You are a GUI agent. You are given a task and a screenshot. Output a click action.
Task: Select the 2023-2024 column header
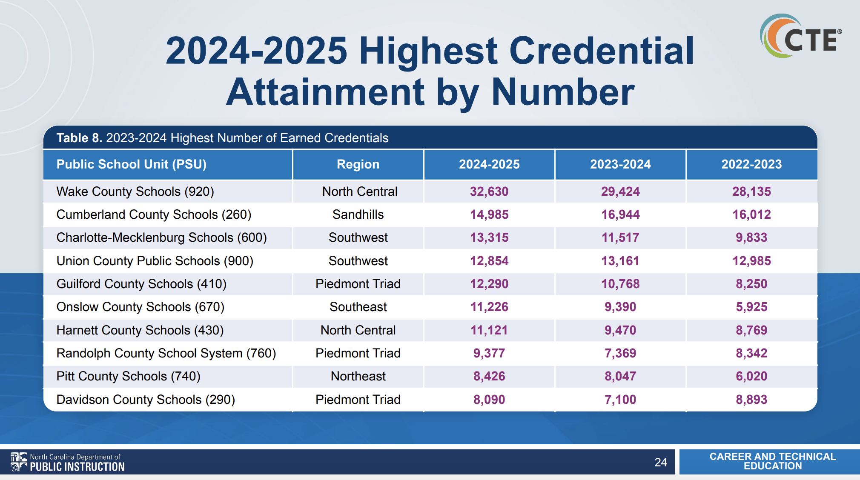tap(620, 164)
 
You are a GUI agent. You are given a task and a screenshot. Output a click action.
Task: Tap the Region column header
tap(358, 164)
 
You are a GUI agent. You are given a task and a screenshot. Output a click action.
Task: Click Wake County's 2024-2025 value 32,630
tap(489, 191)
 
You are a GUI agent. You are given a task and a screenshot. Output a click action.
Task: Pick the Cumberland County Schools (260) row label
tap(154, 214)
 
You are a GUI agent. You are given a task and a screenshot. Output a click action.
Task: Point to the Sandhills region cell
tap(358, 214)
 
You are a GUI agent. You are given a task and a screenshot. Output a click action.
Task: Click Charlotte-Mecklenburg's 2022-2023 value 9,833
tap(751, 237)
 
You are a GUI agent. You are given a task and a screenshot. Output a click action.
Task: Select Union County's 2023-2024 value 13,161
tap(620, 261)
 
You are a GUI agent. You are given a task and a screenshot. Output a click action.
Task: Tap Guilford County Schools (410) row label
tap(141, 284)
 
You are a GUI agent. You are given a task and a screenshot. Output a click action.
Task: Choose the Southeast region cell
tap(358, 307)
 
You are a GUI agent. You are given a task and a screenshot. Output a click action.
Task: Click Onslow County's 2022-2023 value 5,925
tap(751, 307)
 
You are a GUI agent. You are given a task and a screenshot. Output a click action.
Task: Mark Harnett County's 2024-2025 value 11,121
tap(489, 330)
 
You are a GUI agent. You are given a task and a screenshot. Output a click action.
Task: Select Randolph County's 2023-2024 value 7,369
tap(620, 353)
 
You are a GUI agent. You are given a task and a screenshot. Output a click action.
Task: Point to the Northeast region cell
tap(358, 376)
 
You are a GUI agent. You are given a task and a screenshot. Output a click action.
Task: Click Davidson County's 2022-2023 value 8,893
tap(751, 400)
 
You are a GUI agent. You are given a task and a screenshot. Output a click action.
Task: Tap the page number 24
tap(660, 462)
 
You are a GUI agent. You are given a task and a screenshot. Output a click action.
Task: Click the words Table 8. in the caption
tap(79, 138)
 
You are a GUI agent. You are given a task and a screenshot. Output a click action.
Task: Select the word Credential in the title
tap(601, 51)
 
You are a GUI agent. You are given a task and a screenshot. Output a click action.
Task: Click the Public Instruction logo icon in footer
tap(19, 462)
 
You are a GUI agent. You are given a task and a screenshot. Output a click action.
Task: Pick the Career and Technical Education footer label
tap(772, 461)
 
